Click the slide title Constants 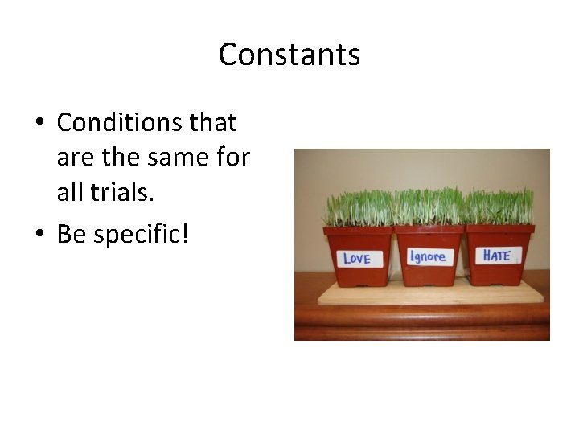click(x=289, y=55)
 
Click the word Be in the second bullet click(x=70, y=235)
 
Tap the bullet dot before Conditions click(x=39, y=124)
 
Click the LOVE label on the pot click(x=356, y=258)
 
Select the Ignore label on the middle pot click(x=429, y=256)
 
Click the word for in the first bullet click(x=232, y=158)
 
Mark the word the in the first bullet click(x=118, y=158)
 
